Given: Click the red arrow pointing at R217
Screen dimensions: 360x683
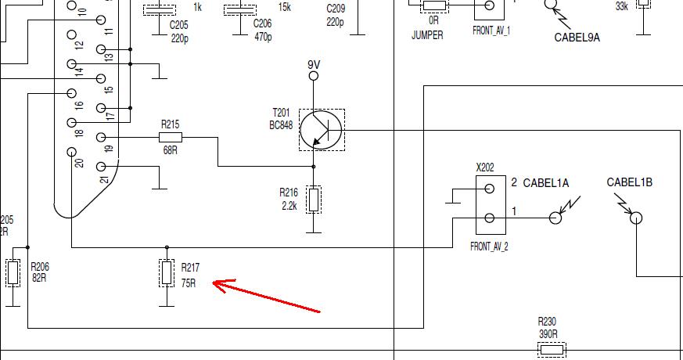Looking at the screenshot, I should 266,297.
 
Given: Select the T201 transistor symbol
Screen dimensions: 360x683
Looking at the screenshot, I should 322,130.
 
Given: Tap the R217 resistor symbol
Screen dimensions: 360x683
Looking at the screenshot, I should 167,273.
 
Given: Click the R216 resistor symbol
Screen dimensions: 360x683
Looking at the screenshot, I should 314,199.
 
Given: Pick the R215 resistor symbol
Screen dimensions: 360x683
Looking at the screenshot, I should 171,137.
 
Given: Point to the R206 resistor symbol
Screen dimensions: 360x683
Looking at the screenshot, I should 13,272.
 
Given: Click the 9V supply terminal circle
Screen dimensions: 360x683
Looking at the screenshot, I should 314,76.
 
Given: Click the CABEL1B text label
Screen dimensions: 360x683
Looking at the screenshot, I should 629,182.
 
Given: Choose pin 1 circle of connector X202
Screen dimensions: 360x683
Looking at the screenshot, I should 490,218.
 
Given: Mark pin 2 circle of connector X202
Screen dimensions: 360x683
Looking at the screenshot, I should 490,188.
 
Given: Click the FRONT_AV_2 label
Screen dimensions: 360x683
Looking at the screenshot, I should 490,247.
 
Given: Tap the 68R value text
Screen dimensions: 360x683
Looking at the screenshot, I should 170,150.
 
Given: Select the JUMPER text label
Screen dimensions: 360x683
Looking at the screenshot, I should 427,35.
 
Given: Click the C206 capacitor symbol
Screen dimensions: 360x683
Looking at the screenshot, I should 239,10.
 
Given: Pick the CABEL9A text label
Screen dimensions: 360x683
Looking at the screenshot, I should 577,37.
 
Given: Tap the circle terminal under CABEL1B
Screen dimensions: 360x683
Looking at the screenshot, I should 636,218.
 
